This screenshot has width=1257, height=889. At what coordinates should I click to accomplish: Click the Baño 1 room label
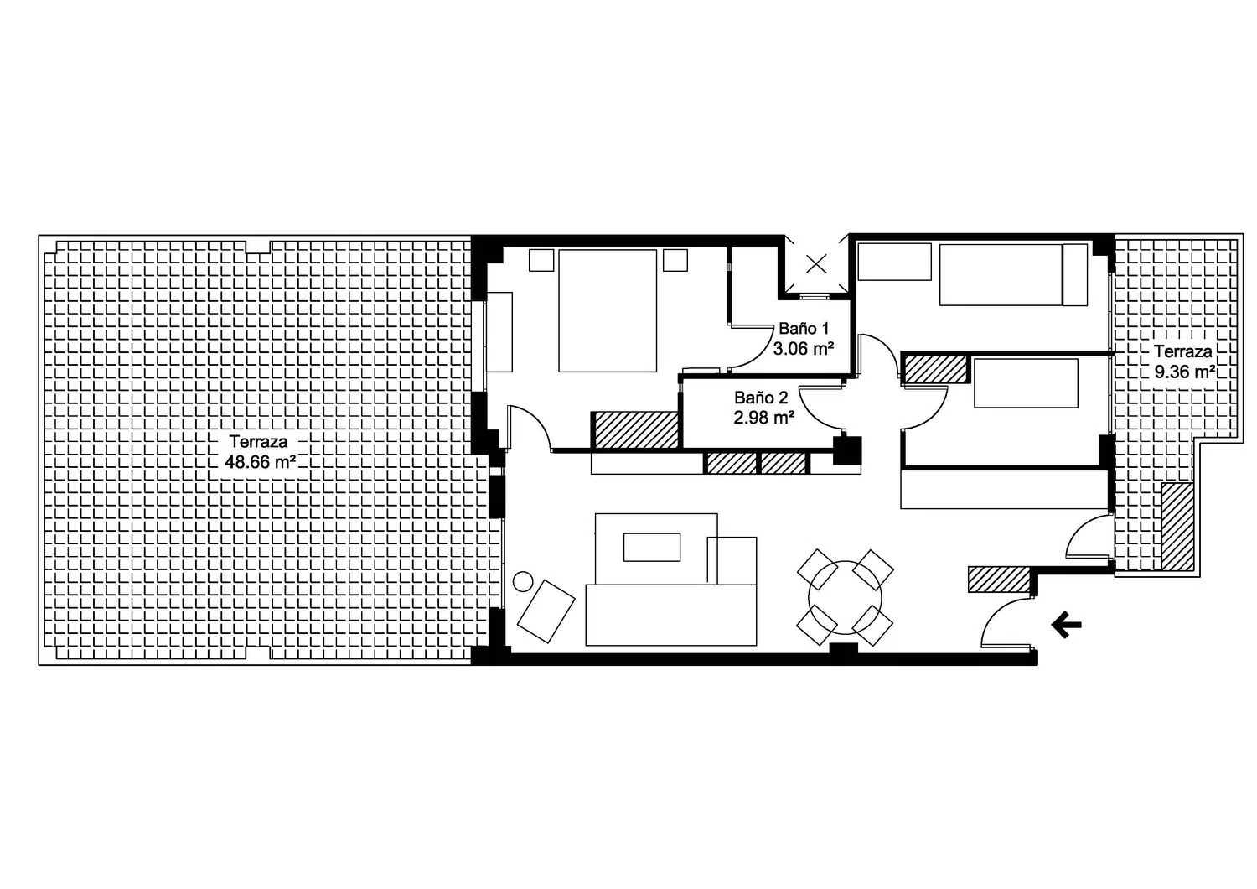pyautogui.click(x=803, y=329)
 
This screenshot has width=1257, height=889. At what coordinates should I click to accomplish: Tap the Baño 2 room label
pyautogui.click(x=761, y=398)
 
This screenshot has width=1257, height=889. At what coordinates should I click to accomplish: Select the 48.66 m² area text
pyautogui.click(x=261, y=461)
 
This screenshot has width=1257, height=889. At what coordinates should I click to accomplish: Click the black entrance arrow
pyautogui.click(x=1066, y=625)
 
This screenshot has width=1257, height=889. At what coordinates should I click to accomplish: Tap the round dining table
pyautogui.click(x=845, y=597)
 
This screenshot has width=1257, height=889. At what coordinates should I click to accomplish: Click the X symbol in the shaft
pyautogui.click(x=816, y=263)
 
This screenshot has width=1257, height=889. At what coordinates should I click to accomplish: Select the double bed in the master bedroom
pyautogui.click(x=608, y=310)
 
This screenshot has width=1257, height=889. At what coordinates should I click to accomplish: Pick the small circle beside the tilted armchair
pyautogui.click(x=524, y=581)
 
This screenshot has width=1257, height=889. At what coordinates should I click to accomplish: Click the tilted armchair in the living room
pyautogui.click(x=546, y=611)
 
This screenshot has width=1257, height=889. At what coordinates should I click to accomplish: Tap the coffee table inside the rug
pyautogui.click(x=651, y=547)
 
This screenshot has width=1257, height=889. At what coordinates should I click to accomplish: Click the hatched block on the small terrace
pyautogui.click(x=1177, y=526)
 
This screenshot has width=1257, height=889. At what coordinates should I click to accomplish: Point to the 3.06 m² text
pyautogui.click(x=803, y=349)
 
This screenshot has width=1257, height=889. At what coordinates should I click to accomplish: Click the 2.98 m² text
pyautogui.click(x=763, y=418)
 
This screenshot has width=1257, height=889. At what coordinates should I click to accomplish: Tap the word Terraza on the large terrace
pyautogui.click(x=258, y=441)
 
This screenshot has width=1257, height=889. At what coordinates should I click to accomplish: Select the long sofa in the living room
pyautogui.click(x=670, y=615)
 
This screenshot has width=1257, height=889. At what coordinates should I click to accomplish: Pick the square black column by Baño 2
pyautogui.click(x=846, y=450)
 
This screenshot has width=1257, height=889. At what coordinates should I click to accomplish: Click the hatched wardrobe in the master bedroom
pyautogui.click(x=636, y=429)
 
